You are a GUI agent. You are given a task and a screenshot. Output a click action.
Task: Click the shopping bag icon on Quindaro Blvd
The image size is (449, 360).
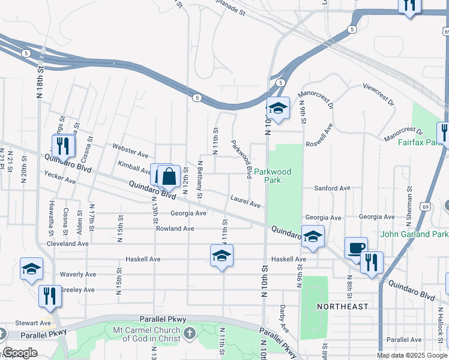click(x=169, y=176)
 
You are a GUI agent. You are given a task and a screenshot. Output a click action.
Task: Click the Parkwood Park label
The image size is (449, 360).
click(x=273, y=176)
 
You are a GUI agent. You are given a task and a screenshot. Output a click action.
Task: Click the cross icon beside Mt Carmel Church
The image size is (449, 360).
click(x=189, y=333)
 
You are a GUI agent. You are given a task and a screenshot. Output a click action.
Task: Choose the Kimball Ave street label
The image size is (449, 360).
click(x=134, y=163)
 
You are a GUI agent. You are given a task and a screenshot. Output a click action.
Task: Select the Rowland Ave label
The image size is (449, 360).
click(x=175, y=229)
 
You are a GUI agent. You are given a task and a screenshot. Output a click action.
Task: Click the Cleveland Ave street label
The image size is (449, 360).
click(x=68, y=244)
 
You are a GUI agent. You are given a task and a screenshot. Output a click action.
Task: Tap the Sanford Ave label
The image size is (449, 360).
click(x=333, y=188)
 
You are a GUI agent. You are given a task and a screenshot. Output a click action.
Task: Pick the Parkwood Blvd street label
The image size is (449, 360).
click(x=241, y=159)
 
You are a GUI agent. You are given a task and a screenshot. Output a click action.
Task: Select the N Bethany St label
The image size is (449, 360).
click(x=200, y=178)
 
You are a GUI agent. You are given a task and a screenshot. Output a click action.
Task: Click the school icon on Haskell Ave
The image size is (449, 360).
click(x=221, y=256)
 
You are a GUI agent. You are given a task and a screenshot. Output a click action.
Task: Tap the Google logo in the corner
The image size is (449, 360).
click(x=20, y=353)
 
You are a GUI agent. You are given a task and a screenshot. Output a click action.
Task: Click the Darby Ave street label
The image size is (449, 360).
click(x=283, y=320)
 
